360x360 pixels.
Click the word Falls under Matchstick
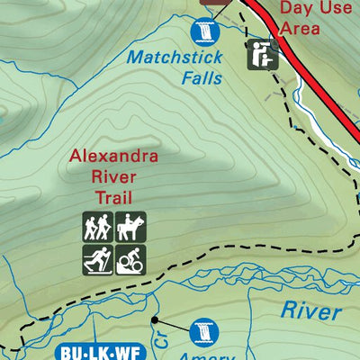point(201,77)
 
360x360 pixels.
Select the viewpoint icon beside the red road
point(262,54)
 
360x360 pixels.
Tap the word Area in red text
point(300,28)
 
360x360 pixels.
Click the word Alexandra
point(114,159)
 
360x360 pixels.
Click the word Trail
point(114,197)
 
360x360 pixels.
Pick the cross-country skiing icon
point(97,259)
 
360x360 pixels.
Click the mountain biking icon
point(130,259)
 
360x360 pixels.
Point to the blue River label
point(310,311)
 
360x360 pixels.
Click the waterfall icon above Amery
point(204,330)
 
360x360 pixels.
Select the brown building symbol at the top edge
point(211,4)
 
